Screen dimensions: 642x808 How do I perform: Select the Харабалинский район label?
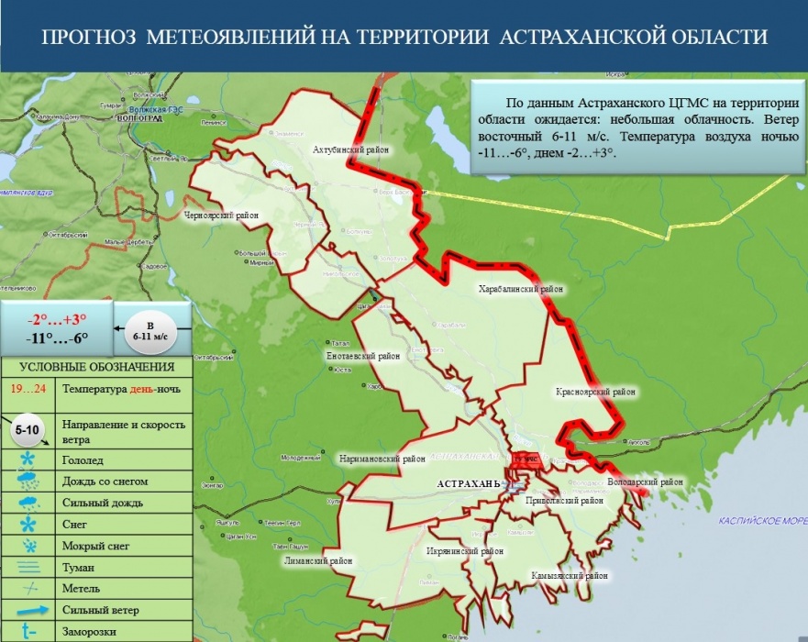(521, 289)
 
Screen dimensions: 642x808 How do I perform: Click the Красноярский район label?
(595, 392)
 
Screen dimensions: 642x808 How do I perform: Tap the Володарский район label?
(646, 481)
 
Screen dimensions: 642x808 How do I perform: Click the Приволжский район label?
(565, 502)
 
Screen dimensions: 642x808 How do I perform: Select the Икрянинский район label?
(465, 551)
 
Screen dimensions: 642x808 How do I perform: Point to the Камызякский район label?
(570, 576)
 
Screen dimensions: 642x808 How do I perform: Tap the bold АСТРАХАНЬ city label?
(468, 482)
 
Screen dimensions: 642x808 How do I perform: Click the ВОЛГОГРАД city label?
(139, 118)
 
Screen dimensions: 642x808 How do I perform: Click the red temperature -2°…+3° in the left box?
(57, 319)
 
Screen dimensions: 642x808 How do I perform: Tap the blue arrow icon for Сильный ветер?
(28, 609)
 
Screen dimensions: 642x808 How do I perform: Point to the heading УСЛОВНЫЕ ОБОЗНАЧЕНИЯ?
(96, 368)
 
